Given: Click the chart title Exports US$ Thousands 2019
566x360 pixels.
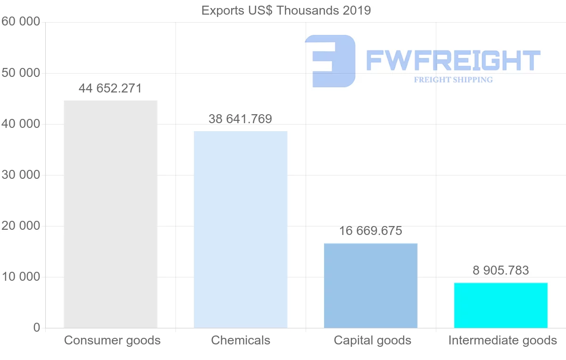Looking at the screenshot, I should tap(286, 10).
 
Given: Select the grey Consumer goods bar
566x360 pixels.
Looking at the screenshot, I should tap(110, 214).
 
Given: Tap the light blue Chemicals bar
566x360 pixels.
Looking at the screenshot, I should tap(241, 229).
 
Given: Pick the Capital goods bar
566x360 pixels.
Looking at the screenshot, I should tap(371, 285).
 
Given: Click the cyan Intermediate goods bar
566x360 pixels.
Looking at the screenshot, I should tap(501, 305).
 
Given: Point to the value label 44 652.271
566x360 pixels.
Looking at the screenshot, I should tap(110, 88).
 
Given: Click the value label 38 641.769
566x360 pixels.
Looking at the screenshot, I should tap(241, 119).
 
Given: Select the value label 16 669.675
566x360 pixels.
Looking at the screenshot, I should tap(371, 231).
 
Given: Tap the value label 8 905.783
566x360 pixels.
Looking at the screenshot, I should tap(501, 270).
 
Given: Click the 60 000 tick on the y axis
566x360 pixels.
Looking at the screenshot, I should tap(21, 22).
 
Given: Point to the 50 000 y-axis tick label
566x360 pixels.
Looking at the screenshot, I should tap(21, 73).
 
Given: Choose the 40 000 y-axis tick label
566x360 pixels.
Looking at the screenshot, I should tap(21, 124).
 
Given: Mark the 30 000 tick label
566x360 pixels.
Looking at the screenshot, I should tap(21, 175).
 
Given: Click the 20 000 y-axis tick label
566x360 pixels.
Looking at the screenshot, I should tap(21, 226).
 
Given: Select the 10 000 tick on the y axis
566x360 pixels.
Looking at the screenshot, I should tap(21, 277).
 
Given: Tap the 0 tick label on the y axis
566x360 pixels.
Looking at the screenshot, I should tap(37, 328).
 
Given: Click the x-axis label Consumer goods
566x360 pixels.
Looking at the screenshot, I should tap(112, 340).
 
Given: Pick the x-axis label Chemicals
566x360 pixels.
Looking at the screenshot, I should tap(241, 340).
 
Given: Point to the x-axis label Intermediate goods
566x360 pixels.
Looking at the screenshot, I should tap(503, 340).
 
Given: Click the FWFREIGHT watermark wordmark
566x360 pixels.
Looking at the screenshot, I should tap(453, 60).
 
